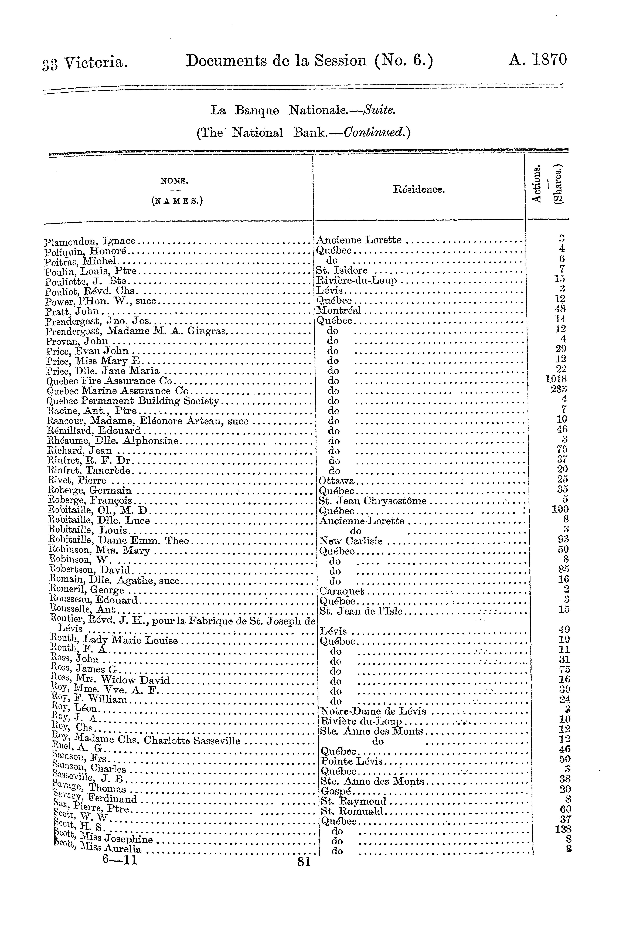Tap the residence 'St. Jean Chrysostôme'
pyautogui.click(x=373, y=501)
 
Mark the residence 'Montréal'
pyautogui.click(x=339, y=310)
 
